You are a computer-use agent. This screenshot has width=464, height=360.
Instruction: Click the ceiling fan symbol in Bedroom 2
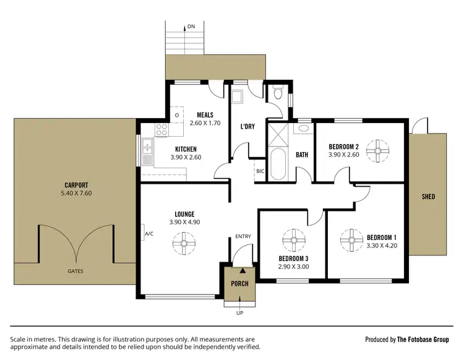[x=377, y=150]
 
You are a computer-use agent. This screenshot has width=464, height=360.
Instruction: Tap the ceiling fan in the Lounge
[x=183, y=242]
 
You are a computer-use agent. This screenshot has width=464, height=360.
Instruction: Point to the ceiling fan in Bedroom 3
[x=291, y=241]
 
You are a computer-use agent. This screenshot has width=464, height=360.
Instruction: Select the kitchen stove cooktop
[x=161, y=130]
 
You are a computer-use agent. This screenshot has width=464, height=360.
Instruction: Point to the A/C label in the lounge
[x=148, y=234]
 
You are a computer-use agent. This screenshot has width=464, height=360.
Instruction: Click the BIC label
[x=260, y=171]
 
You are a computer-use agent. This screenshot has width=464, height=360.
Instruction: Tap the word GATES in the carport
[x=76, y=271]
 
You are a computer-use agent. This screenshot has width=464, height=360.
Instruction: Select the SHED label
[x=428, y=197]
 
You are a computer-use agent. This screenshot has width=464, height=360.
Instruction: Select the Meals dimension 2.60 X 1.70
[x=205, y=124]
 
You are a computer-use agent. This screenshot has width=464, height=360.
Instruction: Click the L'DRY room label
[x=248, y=127]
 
